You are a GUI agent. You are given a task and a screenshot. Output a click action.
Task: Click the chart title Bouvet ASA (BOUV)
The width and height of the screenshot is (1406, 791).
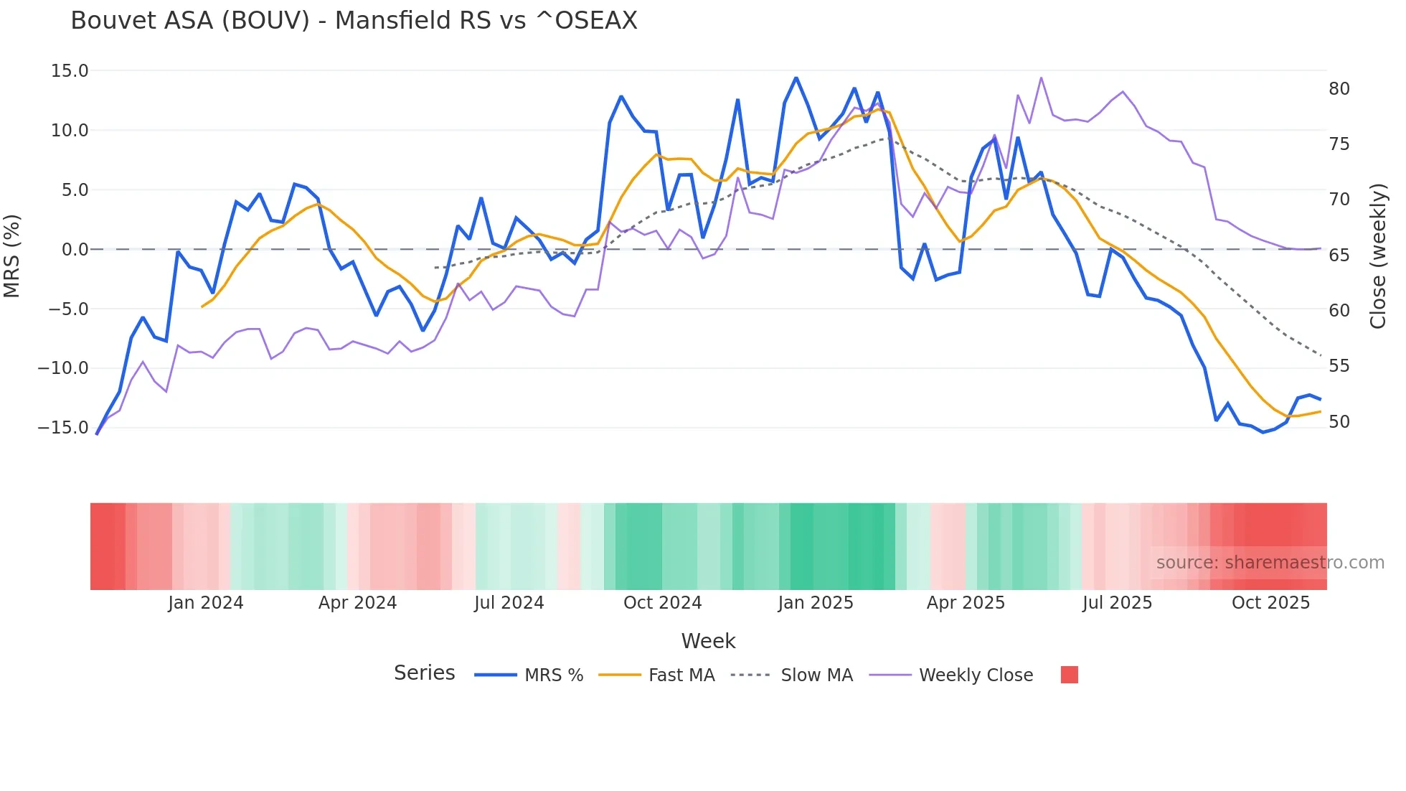tap(354, 21)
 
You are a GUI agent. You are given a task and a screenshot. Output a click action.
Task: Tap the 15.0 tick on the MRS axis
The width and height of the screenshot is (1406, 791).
tap(70, 71)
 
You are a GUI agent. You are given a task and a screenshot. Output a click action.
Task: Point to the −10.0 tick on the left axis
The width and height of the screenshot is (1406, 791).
tap(63, 368)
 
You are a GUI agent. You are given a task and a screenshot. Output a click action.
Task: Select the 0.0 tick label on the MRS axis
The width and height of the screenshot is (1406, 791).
tap(75, 250)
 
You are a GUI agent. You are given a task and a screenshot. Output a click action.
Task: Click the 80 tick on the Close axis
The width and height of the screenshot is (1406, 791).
tap(1339, 89)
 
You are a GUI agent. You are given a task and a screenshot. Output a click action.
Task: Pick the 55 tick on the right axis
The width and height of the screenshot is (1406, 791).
tap(1339, 366)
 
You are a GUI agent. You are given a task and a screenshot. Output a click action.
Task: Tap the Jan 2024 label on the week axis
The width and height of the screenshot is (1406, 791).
tap(206, 603)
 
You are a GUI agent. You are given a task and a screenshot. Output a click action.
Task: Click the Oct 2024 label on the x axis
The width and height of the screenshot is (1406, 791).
tap(662, 603)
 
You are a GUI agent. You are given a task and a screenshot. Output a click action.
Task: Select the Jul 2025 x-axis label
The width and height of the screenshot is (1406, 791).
tap(1117, 603)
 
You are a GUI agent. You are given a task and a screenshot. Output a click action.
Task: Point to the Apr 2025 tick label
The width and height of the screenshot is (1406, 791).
tap(966, 603)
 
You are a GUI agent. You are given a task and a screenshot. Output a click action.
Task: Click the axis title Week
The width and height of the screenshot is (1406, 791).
tap(708, 641)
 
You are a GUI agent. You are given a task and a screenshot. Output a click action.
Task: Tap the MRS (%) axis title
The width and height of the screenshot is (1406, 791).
tap(12, 256)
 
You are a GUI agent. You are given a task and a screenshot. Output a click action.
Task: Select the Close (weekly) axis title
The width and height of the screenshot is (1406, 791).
tap(1378, 256)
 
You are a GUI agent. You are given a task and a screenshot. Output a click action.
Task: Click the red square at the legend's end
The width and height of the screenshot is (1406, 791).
tap(1069, 675)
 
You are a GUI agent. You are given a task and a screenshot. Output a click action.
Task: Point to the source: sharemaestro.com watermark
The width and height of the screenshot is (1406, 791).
tap(1270, 563)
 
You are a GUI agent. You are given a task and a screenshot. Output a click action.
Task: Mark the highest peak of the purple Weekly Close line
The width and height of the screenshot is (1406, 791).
tap(1041, 78)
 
